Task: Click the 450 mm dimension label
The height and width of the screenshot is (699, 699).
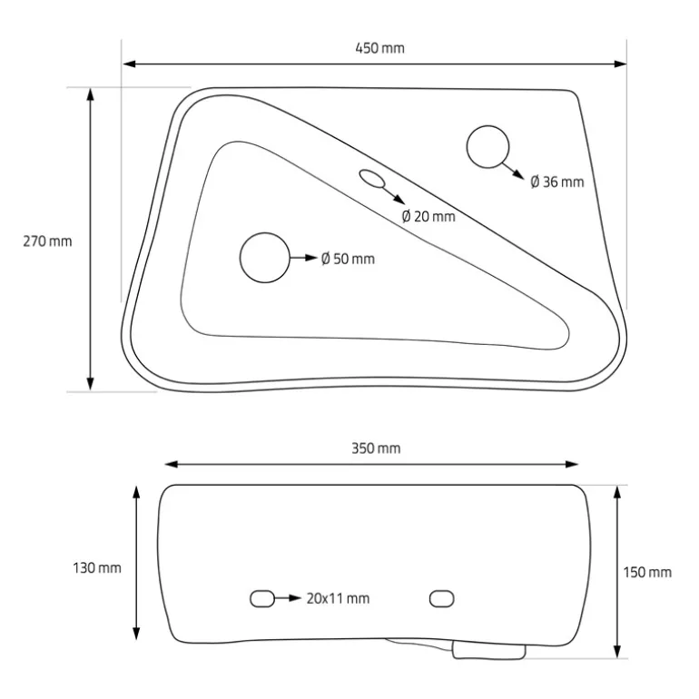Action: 379,48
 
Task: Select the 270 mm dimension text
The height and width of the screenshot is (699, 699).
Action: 47,241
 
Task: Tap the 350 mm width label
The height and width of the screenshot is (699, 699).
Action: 376,448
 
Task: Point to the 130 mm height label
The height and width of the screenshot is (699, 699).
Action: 97,568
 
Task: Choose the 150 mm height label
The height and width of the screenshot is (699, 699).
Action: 647,573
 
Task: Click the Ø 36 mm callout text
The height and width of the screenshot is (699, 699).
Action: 557,182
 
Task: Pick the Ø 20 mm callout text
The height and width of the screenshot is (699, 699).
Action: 428,216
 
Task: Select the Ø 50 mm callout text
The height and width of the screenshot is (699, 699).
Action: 348,259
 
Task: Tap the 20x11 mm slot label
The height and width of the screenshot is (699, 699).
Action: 338,598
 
